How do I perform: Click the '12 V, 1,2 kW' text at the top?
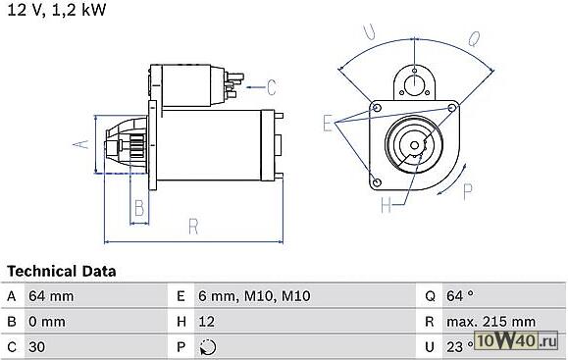click(56, 10)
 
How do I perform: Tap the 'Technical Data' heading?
click(62, 271)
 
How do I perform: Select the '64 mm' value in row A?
click(51, 296)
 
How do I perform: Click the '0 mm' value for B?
click(47, 322)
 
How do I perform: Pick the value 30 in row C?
click(36, 347)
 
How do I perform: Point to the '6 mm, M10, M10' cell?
click(254, 296)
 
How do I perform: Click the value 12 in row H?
click(206, 322)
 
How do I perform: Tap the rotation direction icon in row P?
click(208, 347)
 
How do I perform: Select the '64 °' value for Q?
click(460, 296)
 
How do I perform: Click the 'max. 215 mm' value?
click(491, 322)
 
